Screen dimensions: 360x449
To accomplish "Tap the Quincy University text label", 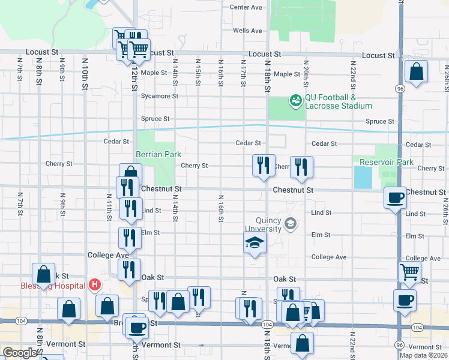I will point(260,224).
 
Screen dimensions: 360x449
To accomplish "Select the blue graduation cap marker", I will point(255,244).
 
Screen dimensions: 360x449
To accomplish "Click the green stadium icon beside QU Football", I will point(295,100).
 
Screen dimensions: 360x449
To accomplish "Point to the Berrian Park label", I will point(158,154).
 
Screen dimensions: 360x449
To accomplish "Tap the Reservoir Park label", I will point(387,162).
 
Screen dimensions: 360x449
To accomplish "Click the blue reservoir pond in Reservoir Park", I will point(363,177).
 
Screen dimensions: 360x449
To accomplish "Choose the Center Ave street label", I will point(246,7).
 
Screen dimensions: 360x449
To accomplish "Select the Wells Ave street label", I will point(247,31).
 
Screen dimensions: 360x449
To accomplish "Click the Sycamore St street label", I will point(159,95).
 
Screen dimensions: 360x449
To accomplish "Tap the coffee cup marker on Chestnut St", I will point(395,197).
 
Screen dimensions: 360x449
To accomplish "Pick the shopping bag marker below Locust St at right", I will point(416,72).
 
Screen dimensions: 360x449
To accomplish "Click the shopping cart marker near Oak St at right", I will point(409,271).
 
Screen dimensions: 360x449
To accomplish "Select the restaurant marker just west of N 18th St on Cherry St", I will point(262,165).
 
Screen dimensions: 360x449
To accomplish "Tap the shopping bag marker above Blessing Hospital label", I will point(44,275).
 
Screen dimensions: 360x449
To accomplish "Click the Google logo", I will point(20,353).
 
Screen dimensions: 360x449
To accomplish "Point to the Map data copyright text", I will point(424,355).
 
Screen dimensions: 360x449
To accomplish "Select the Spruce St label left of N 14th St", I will point(155,119).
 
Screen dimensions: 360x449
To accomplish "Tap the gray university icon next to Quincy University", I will point(291,224).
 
